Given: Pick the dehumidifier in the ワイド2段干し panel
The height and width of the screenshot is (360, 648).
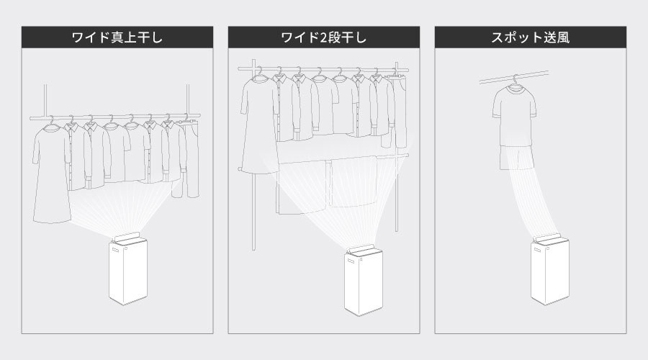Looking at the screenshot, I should pos(363,284).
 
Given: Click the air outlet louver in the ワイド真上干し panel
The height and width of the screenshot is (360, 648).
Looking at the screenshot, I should pos(127,236).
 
